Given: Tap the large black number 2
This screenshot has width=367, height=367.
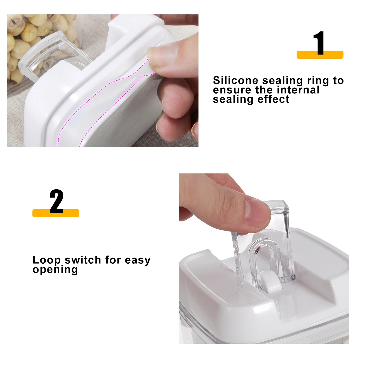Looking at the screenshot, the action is click(56, 201).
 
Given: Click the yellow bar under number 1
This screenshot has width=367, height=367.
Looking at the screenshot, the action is click(320, 55).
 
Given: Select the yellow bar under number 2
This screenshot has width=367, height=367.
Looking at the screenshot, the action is click(56, 213).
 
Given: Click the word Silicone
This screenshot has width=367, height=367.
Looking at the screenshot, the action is click(236, 80).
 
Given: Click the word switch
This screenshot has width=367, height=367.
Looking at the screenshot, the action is click(83, 260).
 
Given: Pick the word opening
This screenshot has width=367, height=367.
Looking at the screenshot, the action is click(55, 270).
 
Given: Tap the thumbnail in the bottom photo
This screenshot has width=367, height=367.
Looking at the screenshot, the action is click(258, 212).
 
